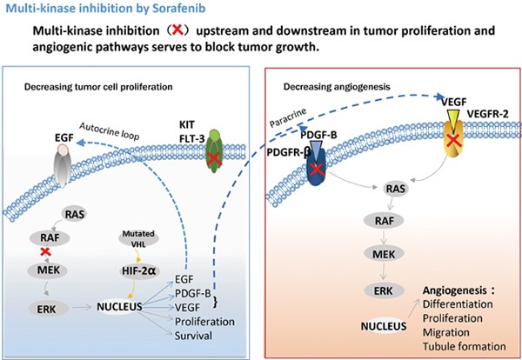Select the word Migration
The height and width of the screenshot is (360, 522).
(447, 333)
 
